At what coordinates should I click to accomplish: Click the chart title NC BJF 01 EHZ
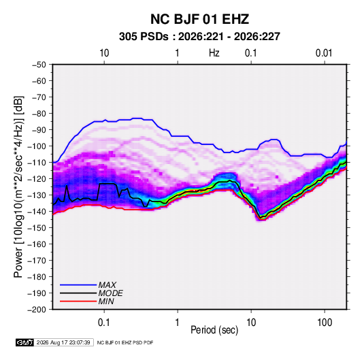point(199,19)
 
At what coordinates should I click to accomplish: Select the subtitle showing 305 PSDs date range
point(199,37)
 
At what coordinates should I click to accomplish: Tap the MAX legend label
point(107,284)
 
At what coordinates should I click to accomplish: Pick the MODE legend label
point(110,293)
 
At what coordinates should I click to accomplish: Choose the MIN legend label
point(106,301)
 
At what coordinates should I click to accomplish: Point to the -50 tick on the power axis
point(39,65)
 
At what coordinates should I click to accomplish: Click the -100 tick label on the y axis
point(37,146)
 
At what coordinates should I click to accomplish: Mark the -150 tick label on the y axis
point(37,227)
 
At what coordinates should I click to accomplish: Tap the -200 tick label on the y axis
point(37,310)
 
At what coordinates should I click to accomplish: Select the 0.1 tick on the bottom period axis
point(104,323)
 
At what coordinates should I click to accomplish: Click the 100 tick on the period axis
point(325,323)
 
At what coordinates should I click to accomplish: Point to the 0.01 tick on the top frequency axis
point(324,53)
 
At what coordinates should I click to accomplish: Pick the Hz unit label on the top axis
point(214,53)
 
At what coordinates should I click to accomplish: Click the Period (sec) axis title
point(214,330)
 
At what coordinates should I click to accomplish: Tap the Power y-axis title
point(18,186)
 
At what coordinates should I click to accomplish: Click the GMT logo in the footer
point(25,342)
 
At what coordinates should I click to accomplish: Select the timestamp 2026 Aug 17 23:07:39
point(63,342)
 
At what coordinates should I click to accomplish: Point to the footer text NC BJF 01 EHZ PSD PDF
point(125,342)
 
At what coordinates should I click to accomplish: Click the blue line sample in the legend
point(78,284)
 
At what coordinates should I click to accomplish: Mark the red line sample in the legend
point(78,301)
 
